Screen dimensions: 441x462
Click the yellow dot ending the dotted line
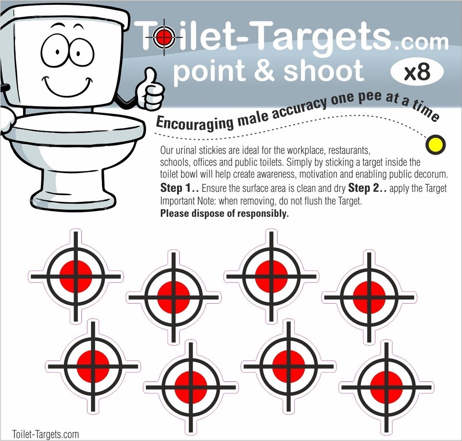437,144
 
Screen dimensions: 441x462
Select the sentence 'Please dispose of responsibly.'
224,214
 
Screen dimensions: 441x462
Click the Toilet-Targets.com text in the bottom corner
45,434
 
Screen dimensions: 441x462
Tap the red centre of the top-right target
368,297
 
